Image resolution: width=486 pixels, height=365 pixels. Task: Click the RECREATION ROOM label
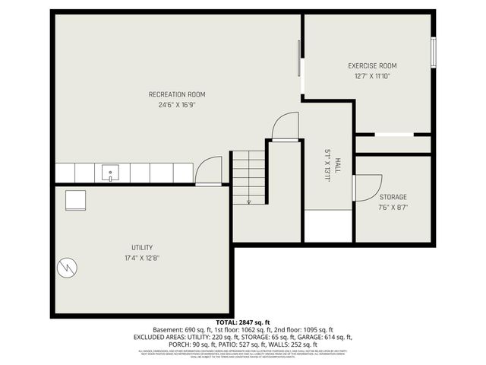tap(177, 94)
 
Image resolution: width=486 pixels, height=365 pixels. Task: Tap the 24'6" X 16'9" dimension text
tap(177, 105)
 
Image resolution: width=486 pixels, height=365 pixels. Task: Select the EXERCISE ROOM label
tap(372, 66)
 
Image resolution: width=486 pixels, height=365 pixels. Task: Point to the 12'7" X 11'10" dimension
tap(372, 76)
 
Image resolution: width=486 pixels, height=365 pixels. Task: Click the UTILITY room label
tap(142, 247)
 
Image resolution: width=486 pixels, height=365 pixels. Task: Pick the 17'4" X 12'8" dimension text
tap(142, 258)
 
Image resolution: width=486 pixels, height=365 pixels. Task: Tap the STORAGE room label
tap(393, 197)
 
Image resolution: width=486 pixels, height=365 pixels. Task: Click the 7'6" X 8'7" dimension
tap(393, 207)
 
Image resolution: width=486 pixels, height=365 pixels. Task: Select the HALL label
tap(337, 166)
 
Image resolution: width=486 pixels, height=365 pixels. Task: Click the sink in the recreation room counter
tap(111, 173)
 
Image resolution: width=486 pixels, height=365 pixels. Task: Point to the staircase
tap(248, 176)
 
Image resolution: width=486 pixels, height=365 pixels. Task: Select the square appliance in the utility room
tap(75, 199)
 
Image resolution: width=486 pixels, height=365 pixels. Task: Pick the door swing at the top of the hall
tap(286, 127)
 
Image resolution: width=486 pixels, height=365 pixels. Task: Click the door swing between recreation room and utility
tap(209, 171)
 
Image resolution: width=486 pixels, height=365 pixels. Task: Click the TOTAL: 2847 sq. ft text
tap(242, 322)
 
